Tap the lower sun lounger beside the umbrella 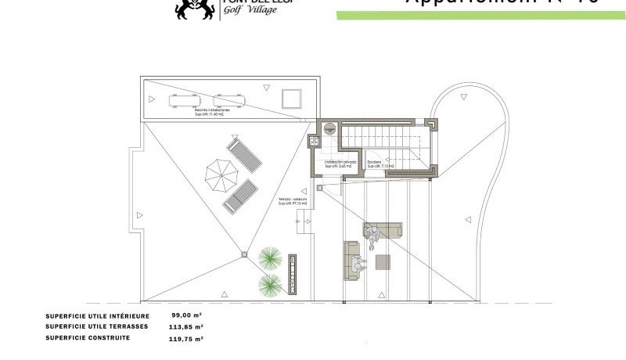click(242, 195)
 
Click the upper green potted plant click(268, 257)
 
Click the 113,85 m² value click(188, 326)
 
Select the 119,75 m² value click(188, 338)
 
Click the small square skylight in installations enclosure click(291, 97)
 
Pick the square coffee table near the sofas click(384, 261)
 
